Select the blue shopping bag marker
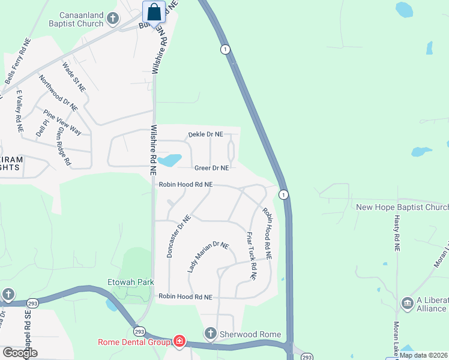click(154, 12)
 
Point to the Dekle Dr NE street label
click(205, 134)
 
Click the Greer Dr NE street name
click(211, 168)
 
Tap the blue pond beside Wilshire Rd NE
click(170, 160)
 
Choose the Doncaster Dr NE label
click(178, 236)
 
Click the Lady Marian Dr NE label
click(208, 257)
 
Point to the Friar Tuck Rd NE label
click(252, 256)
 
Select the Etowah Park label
click(131, 282)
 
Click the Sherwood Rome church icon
click(210, 332)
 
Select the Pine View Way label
click(62, 122)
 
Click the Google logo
click(20, 352)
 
